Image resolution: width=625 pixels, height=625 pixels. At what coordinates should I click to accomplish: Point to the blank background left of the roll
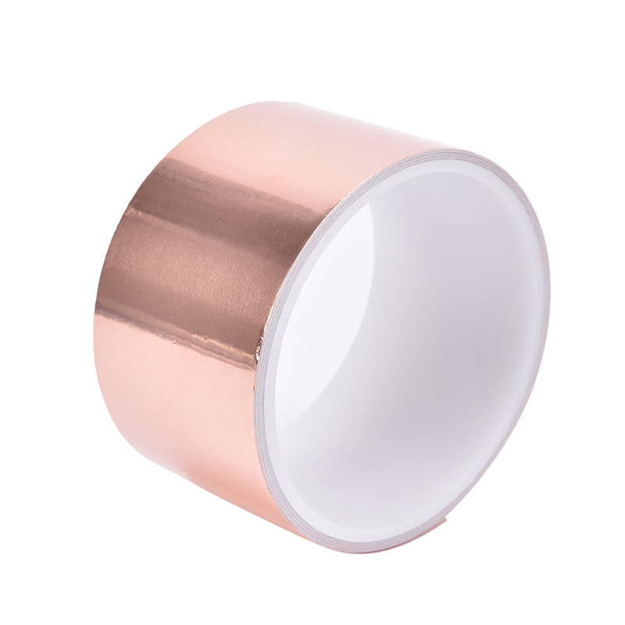(x=47, y=312)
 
